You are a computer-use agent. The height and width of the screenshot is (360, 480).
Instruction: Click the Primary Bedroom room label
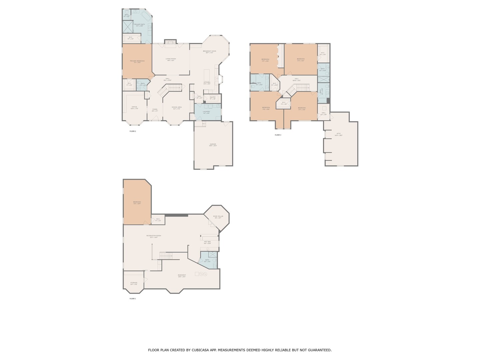[x=137, y=61]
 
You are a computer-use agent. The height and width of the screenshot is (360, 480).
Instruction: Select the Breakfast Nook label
[x=209, y=51]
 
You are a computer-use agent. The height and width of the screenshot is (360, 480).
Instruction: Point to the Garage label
[x=213, y=144]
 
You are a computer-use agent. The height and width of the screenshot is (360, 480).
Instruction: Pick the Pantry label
[x=213, y=97]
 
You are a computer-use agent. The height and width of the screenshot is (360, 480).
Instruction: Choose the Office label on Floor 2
[x=134, y=107]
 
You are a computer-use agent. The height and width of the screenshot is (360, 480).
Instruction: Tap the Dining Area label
[x=176, y=107]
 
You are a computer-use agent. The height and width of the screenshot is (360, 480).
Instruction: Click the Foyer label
[x=155, y=109]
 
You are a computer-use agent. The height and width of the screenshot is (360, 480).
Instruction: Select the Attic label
[x=339, y=134]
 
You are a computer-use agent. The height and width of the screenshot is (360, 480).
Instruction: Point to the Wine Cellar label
[x=218, y=217]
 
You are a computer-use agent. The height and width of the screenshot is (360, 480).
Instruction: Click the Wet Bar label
[x=207, y=242]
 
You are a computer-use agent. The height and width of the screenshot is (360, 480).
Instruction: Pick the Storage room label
[x=134, y=283]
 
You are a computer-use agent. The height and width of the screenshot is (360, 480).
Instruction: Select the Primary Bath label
[x=139, y=24]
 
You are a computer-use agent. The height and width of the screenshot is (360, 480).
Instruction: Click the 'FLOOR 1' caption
[x=133, y=299]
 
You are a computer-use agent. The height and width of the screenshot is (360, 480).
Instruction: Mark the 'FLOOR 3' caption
[x=278, y=135]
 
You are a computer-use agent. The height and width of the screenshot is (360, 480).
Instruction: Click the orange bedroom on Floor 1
[x=137, y=202]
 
